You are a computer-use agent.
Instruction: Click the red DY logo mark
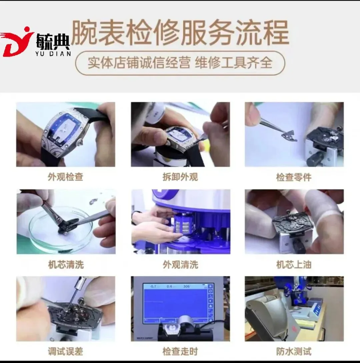click(x=16, y=42)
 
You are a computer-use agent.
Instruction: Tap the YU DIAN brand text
click(x=53, y=54)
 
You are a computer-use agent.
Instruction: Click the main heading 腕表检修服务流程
click(x=180, y=32)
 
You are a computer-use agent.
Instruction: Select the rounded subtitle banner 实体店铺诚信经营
click(x=180, y=63)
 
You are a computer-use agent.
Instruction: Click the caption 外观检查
click(x=66, y=177)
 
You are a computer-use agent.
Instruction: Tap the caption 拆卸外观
click(x=180, y=177)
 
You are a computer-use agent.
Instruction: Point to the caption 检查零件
click(x=294, y=177)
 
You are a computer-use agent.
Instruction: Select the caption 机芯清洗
click(x=66, y=264)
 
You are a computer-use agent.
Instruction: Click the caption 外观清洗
click(x=180, y=264)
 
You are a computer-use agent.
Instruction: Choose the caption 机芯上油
click(x=294, y=264)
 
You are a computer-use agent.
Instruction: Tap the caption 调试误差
click(x=66, y=351)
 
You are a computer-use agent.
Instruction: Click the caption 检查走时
click(x=180, y=351)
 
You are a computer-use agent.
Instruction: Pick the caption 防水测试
click(x=294, y=351)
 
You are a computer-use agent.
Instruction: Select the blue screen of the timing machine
click(x=175, y=303)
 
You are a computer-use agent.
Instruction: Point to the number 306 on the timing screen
click(x=186, y=287)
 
